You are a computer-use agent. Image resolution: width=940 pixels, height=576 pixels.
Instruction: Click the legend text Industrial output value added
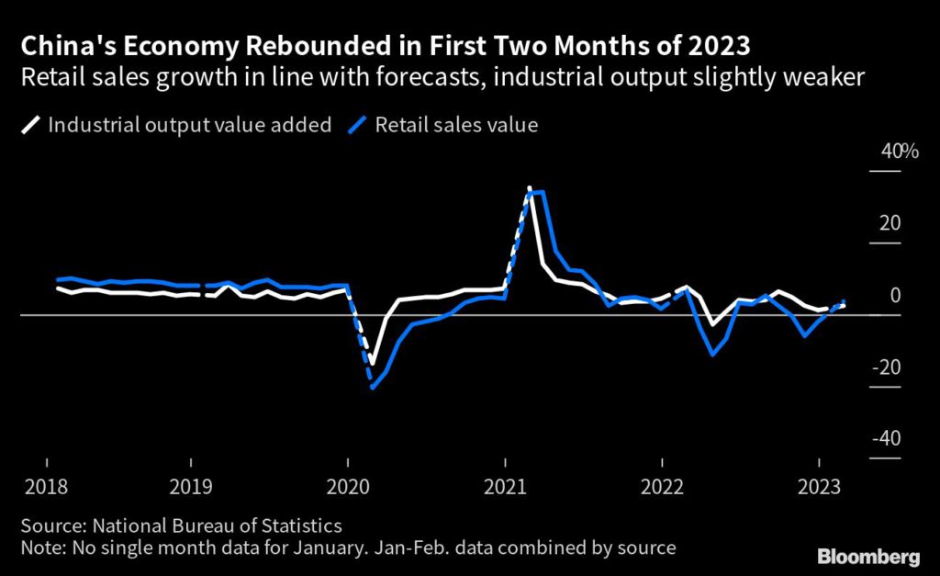pyautogui.click(x=190, y=125)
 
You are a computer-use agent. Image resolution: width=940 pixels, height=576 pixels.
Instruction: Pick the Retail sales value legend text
pyautogui.click(x=456, y=125)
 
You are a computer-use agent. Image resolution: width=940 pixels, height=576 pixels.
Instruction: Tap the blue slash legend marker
pyautogui.click(x=358, y=125)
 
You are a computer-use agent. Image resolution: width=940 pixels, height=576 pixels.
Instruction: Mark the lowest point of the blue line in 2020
pyautogui.click(x=373, y=388)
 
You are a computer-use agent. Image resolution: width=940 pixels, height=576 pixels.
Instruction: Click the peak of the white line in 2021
pyautogui.click(x=530, y=187)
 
